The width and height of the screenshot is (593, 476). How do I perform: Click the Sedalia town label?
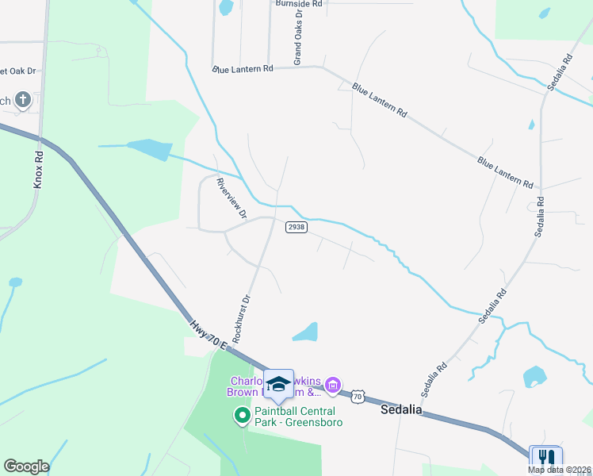coord(401,410)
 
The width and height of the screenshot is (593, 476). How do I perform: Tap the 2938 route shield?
coord(296,227)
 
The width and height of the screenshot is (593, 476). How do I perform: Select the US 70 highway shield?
coord(358,395)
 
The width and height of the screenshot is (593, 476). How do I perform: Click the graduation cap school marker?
coord(278,385)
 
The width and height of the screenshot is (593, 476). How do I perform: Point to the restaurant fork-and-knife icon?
coord(545,458)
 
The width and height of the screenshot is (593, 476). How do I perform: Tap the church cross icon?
coord(23,100)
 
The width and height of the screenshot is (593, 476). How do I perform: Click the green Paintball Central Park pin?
coord(243,415)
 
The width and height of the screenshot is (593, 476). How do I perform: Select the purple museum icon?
coord(333,386)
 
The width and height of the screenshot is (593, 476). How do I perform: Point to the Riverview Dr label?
coord(231,199)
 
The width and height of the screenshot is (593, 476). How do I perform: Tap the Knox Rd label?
coord(38,169)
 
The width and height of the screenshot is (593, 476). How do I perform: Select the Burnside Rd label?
coord(299,4)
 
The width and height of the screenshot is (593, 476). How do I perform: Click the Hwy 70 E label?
coord(209,333)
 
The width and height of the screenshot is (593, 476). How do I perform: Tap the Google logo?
coord(26,466)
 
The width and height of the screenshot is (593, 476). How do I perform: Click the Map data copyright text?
coord(559,470)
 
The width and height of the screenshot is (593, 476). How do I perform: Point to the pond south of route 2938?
coord(307,333)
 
